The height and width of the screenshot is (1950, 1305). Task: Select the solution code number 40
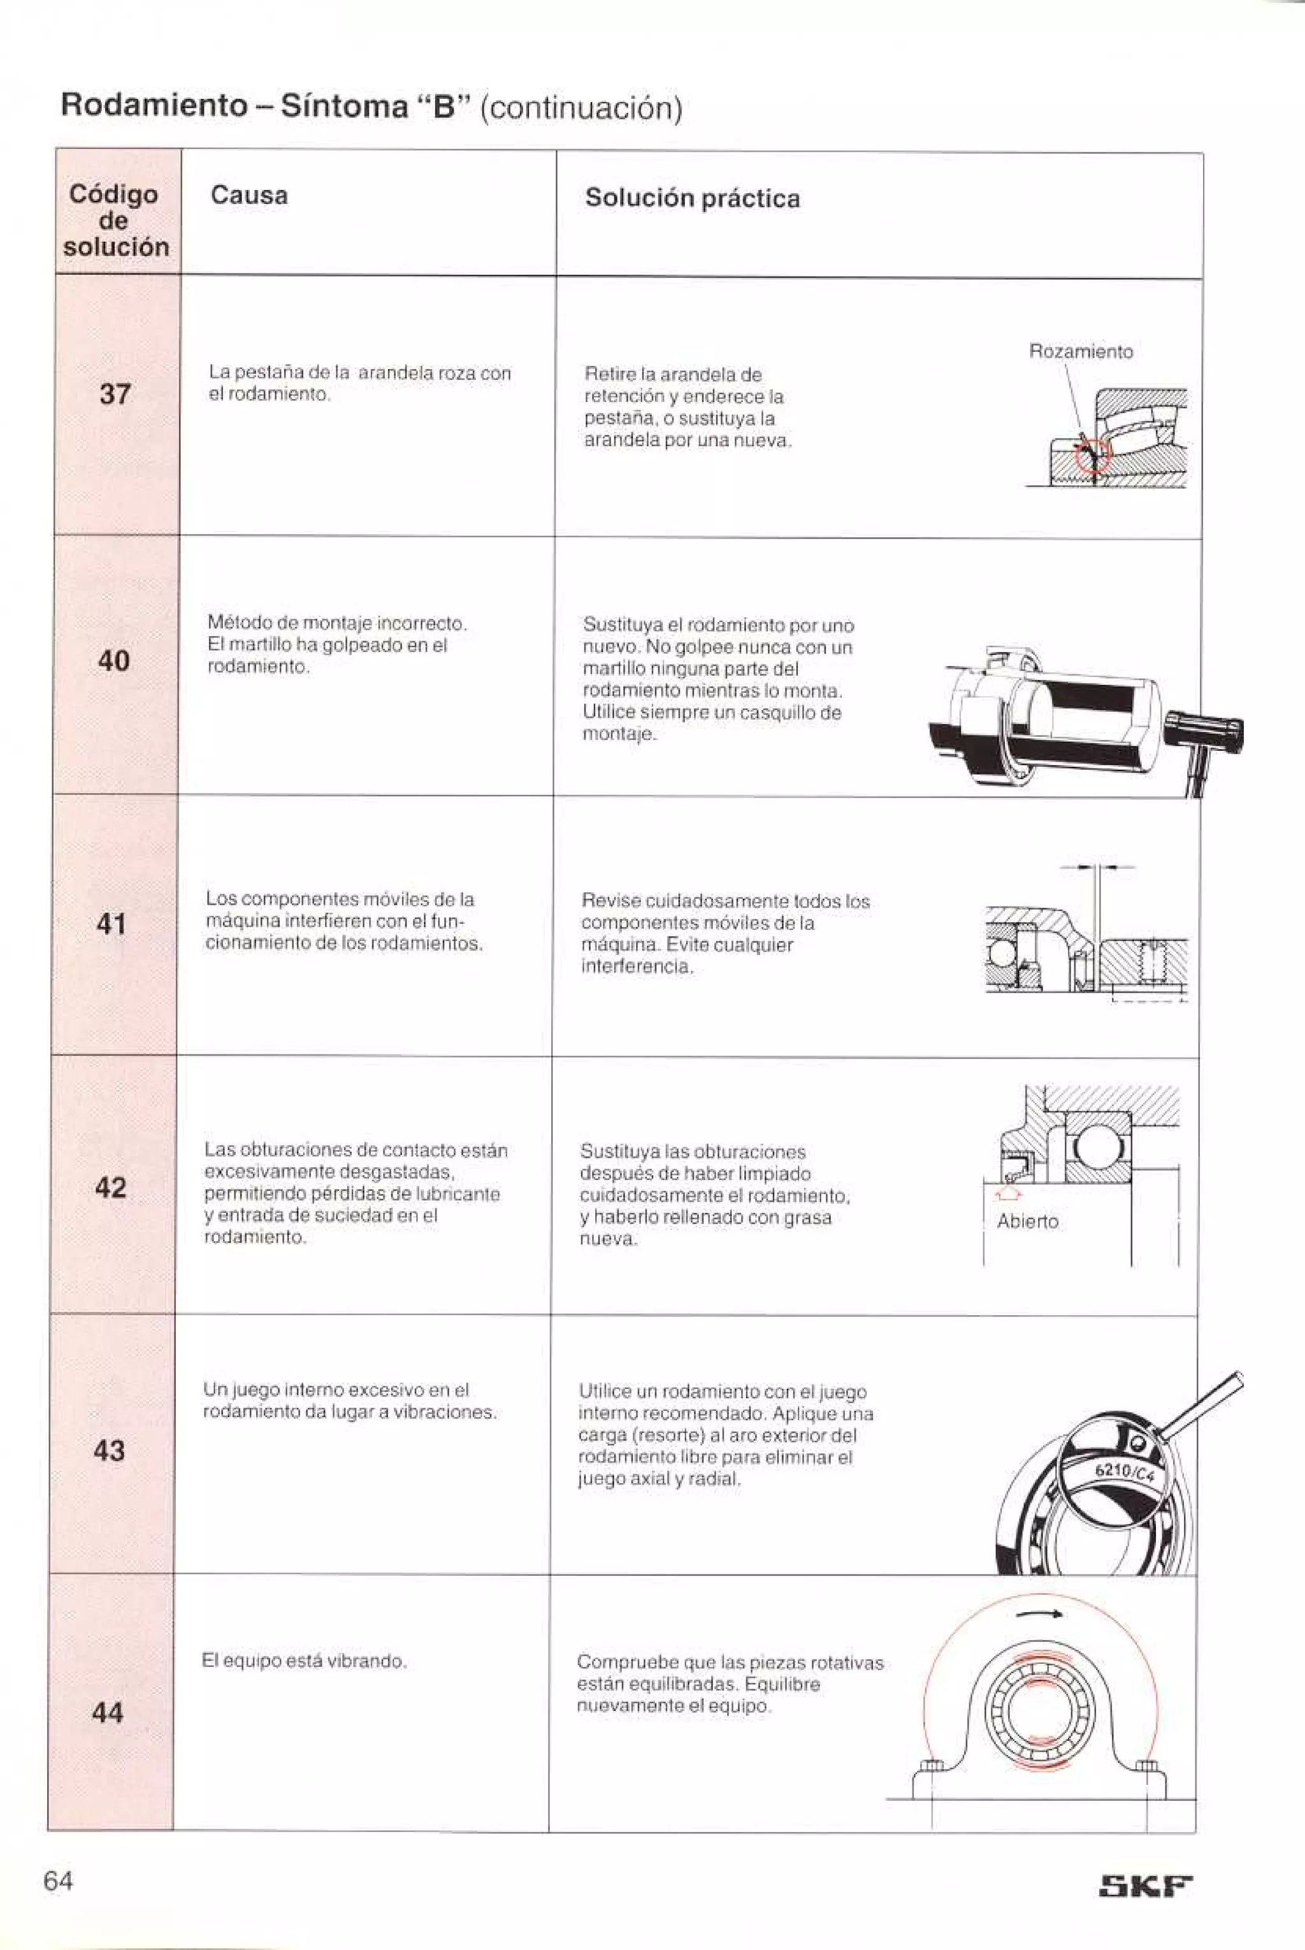(x=113, y=661)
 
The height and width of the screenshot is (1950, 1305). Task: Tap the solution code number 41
(x=112, y=924)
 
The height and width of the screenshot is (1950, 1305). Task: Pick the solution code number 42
(x=111, y=1188)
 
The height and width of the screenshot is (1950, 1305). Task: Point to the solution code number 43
(x=109, y=1450)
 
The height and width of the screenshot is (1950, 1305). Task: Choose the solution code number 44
(x=107, y=1713)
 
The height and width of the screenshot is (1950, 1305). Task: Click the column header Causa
(x=249, y=196)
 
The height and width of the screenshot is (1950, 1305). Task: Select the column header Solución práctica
(x=691, y=198)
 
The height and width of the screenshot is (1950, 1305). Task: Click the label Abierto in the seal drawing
(x=1027, y=1221)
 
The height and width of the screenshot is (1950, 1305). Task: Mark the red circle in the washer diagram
(x=1092, y=456)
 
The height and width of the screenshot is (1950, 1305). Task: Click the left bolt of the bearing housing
(x=932, y=1768)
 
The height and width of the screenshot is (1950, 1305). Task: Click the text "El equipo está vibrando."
(x=304, y=1661)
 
